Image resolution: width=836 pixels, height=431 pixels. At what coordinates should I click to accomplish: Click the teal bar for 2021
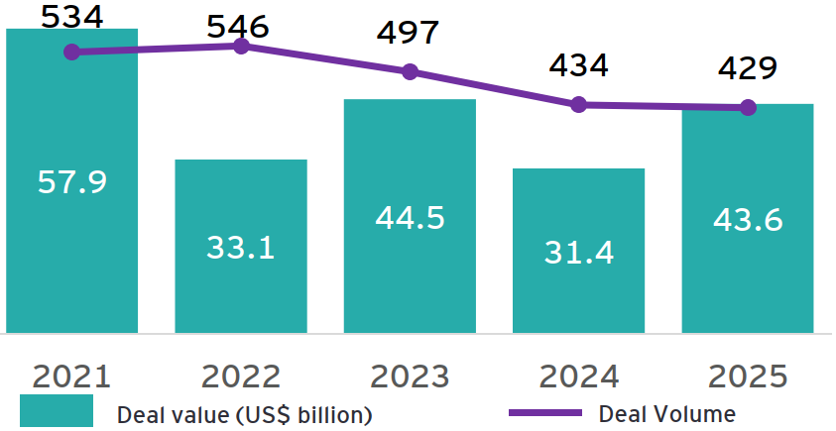point(71,248)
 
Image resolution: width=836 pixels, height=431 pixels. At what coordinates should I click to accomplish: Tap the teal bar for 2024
point(579,297)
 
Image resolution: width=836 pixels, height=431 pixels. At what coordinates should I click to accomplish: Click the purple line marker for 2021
point(71,52)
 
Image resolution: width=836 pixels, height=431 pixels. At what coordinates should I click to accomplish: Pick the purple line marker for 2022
point(241,46)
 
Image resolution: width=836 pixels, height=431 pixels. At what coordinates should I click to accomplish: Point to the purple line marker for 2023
point(410,71)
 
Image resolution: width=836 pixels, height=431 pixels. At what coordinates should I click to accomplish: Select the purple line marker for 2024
point(579,104)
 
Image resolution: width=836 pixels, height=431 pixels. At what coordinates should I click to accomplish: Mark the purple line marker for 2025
point(748,107)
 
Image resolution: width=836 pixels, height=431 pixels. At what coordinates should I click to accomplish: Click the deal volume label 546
point(237,27)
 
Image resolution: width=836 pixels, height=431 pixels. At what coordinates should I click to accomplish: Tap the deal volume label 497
point(408,33)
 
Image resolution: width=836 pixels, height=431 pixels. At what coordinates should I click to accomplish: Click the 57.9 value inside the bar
point(71,182)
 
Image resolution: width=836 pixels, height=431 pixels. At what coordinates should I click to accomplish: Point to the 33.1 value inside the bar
point(240,247)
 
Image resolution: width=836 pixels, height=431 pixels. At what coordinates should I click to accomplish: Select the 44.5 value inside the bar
point(410,218)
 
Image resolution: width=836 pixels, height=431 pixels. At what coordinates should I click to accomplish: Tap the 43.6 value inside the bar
point(748,220)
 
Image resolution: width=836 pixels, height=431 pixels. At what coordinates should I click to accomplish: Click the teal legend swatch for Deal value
point(56,411)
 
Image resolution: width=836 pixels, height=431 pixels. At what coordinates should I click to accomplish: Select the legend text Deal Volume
point(668,412)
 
